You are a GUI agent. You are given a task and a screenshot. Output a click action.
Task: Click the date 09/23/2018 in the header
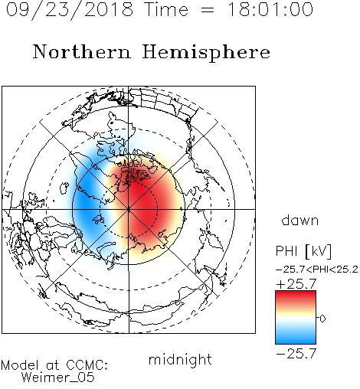click(70, 10)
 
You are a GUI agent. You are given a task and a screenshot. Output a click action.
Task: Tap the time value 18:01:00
click(270, 9)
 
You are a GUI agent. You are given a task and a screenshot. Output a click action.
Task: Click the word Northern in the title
click(82, 51)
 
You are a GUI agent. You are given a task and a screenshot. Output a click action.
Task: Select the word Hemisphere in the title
click(206, 53)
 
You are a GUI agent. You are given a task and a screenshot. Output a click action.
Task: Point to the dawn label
click(300, 220)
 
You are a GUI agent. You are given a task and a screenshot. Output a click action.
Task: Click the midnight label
click(180, 359)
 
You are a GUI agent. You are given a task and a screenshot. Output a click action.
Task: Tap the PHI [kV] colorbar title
click(303, 251)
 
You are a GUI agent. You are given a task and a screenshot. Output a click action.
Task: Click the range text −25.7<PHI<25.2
click(317, 270)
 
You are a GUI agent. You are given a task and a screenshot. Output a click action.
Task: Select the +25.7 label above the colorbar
click(296, 284)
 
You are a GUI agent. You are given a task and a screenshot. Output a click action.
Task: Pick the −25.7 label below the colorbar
click(296, 354)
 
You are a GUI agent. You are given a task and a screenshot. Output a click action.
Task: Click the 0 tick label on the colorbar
click(322, 319)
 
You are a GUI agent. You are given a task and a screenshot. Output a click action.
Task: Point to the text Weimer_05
click(58, 378)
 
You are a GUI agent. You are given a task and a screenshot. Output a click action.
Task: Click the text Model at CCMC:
click(54, 365)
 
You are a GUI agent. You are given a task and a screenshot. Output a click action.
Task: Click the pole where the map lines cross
click(129, 209)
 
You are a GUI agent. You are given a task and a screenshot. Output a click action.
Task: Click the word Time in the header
click(166, 9)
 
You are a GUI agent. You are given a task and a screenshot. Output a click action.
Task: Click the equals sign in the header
click(208, 11)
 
